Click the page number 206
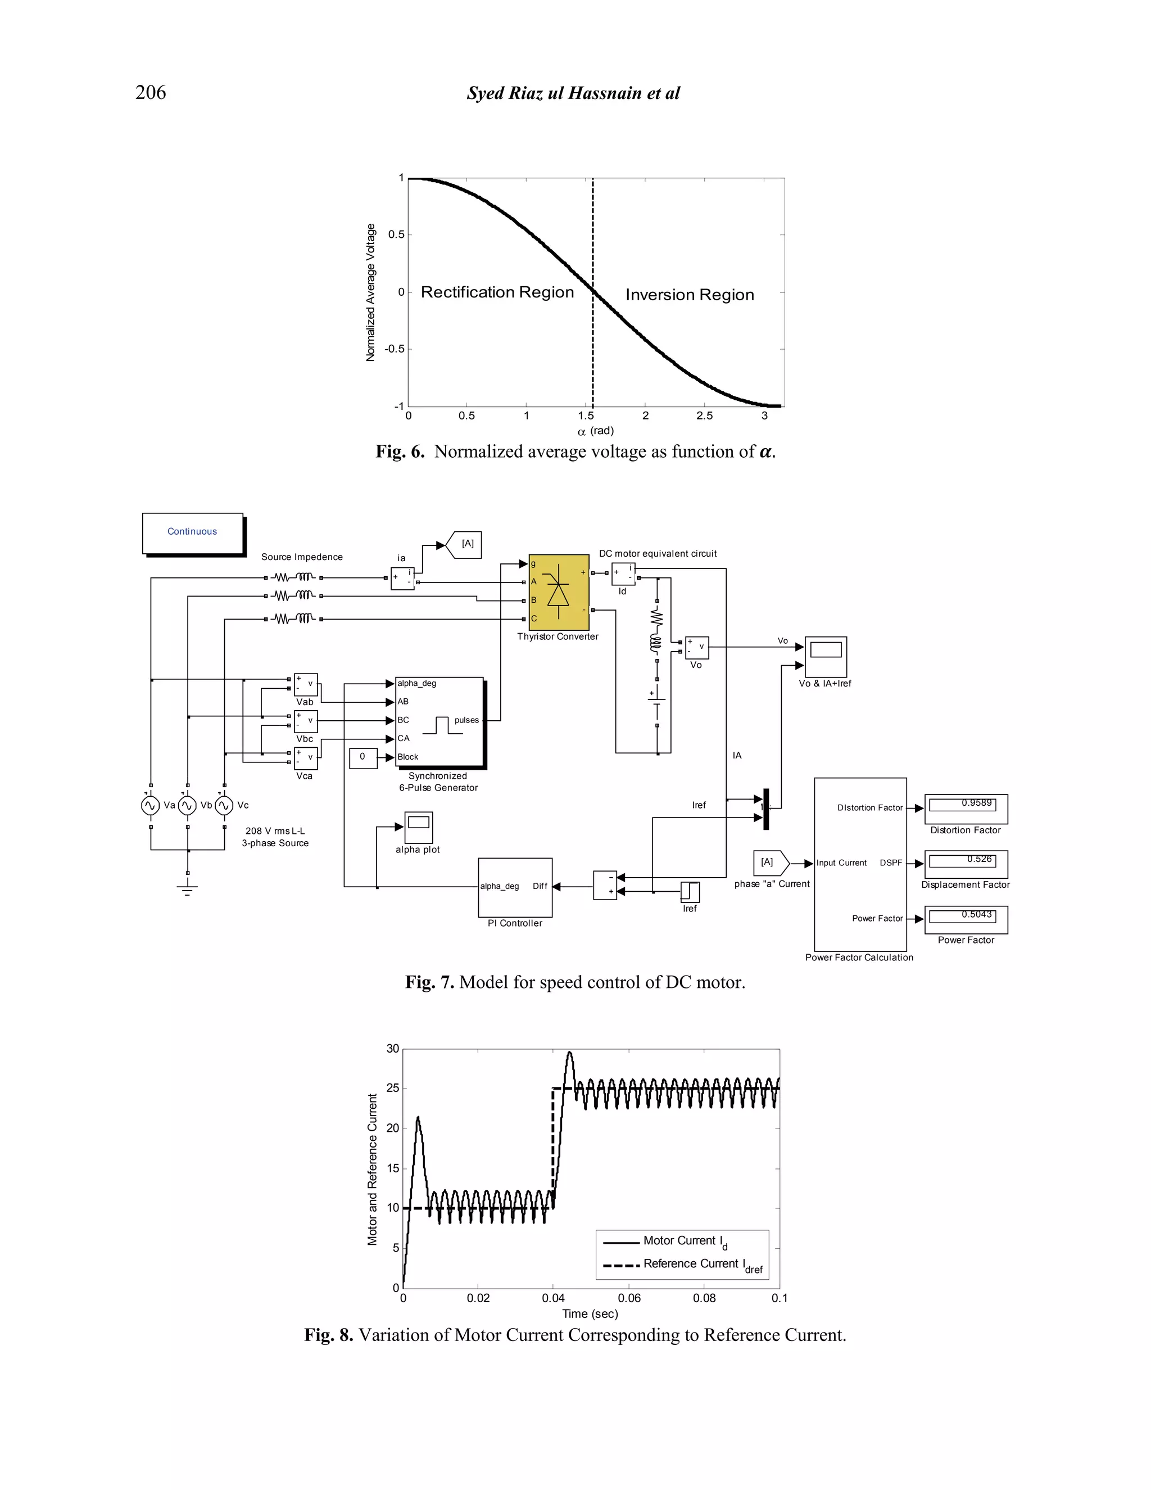click(150, 92)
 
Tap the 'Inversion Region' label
click(690, 295)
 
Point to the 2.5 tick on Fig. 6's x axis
click(704, 416)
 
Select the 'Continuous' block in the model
click(192, 532)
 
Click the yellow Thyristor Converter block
click(559, 592)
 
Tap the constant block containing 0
click(362, 757)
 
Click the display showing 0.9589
click(966, 808)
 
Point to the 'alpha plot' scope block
click(418, 827)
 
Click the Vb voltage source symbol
click(188, 806)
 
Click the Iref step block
click(690, 892)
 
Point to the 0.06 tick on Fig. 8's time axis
click(629, 1298)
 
